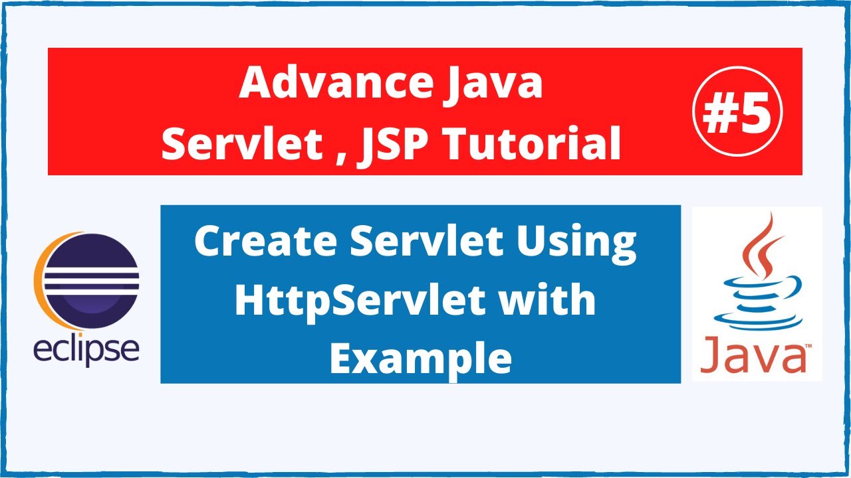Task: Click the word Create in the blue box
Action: click(266, 242)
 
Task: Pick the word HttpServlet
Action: click(366, 301)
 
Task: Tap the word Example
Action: click(420, 358)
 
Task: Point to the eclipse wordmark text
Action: click(86, 349)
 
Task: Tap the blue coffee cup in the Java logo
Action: click(755, 302)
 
